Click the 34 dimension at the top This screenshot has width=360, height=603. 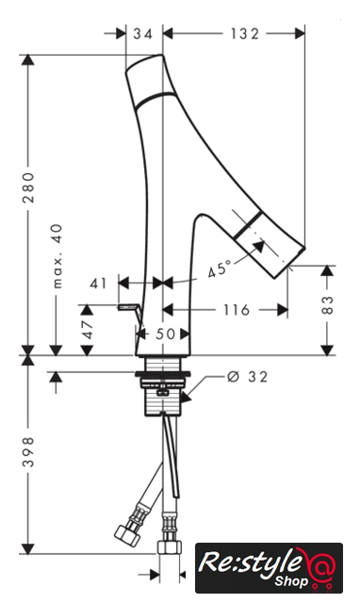(143, 34)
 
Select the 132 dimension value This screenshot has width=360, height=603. (245, 34)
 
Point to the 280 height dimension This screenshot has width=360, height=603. (28, 187)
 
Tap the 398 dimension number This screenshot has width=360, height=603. (28, 452)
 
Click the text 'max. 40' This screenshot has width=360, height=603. (57, 255)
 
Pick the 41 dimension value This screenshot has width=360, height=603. (98, 284)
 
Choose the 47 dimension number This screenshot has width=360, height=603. (88, 329)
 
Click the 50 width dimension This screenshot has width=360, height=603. (166, 334)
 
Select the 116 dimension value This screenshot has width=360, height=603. (237, 310)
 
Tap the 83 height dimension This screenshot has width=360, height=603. (328, 304)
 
